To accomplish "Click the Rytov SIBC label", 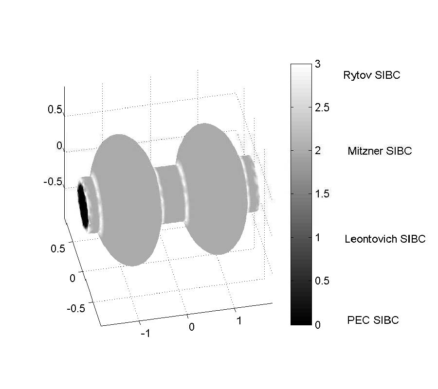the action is (371, 75).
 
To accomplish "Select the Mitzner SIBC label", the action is (380, 151).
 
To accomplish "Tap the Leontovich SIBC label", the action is (385, 239).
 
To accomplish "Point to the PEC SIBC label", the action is (373, 320).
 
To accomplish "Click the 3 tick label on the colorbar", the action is (318, 64).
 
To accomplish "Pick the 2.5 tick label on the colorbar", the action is (322, 107).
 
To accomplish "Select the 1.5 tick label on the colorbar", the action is (322, 194).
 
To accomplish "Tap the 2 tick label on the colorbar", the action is (318, 151).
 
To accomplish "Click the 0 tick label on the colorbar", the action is (318, 324).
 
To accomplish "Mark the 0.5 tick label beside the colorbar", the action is (322, 281).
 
